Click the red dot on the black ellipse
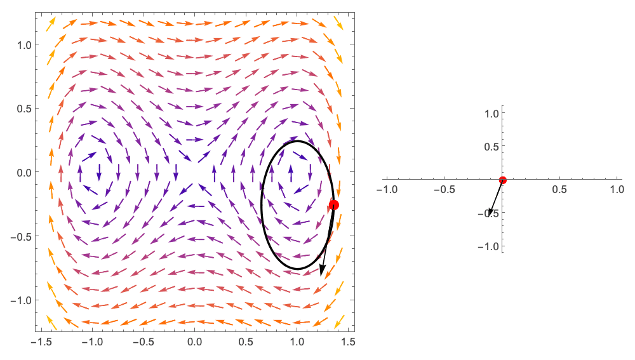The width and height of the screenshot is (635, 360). (333, 204)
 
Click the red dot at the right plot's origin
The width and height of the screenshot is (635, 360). (502, 180)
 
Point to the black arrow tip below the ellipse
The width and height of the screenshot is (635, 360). (321, 274)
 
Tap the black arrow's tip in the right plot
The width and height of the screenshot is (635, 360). (489, 215)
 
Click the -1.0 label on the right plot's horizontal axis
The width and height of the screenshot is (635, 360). (387, 190)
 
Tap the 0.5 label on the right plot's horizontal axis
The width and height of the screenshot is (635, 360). (559, 190)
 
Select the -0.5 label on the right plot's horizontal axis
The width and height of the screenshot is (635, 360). (444, 190)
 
